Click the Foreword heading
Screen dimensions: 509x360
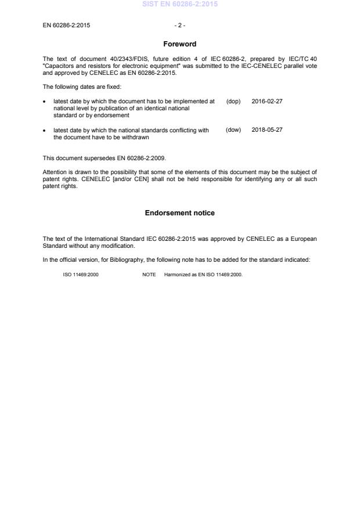[x=179, y=44]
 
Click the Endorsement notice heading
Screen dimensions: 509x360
[x=179, y=213]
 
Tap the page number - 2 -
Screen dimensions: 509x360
[x=179, y=26]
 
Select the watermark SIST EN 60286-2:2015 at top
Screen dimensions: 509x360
[x=179, y=5]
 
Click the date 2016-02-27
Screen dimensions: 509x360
[x=267, y=101]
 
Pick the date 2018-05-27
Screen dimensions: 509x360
[x=267, y=130]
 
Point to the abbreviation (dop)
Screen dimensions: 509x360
[x=233, y=101]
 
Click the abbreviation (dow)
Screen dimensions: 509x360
[x=233, y=130]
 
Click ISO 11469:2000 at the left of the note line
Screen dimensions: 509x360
[x=81, y=275]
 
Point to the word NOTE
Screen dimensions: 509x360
[x=149, y=275]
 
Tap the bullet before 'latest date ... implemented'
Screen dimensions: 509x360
[x=45, y=102]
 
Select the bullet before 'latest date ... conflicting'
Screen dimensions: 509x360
[x=45, y=131]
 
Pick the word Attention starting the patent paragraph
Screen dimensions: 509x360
[x=54, y=172]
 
